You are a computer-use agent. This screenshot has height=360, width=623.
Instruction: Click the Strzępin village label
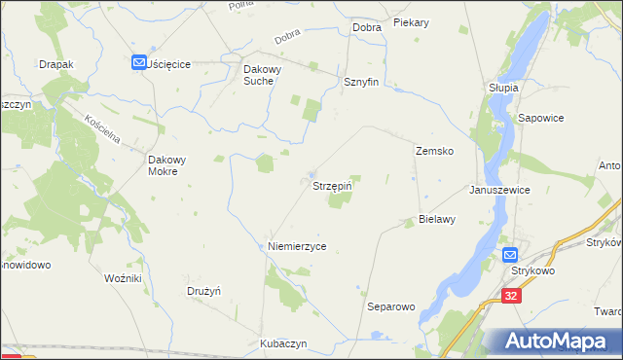[x=331, y=184]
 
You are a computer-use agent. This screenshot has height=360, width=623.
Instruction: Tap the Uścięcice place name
[x=170, y=63]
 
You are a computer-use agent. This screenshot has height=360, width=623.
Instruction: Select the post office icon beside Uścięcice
[x=139, y=62]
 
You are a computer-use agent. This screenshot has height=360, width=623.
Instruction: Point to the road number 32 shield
[x=513, y=294]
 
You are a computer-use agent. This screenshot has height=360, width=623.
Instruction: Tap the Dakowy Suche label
[x=268, y=76]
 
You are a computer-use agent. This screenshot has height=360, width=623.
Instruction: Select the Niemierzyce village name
[x=297, y=247]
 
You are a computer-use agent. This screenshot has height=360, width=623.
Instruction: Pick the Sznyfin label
[x=360, y=83]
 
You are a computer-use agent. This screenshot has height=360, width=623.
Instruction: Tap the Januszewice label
[x=499, y=190]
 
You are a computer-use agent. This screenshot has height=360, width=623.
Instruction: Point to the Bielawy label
[x=437, y=219]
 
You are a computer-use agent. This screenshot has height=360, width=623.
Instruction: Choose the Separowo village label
[x=390, y=306]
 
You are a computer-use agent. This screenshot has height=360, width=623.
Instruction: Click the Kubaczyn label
[x=283, y=343]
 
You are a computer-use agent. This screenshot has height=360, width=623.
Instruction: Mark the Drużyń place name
[x=204, y=291]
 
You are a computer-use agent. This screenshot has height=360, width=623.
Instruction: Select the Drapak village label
[x=56, y=64]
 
